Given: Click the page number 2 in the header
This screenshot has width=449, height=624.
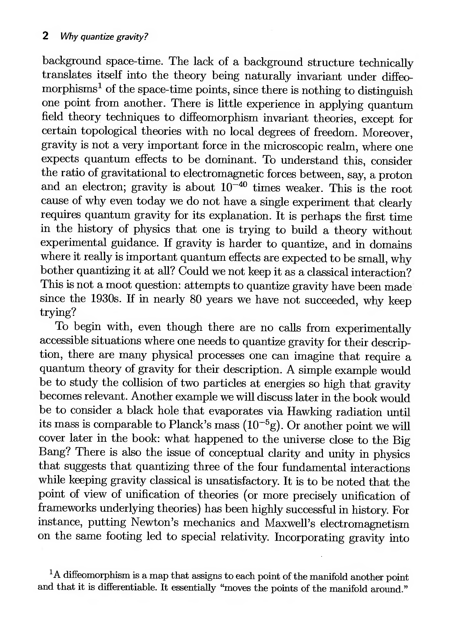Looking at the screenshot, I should point(46,36).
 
